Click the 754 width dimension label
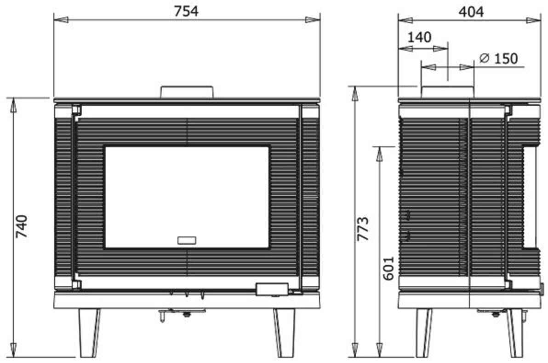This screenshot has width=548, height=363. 186,11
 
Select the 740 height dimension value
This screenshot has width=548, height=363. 22,226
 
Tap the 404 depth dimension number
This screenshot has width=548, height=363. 471,12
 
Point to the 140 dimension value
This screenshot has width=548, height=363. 419,37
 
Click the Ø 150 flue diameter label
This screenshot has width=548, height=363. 498,58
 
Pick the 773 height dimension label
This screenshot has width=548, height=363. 363,229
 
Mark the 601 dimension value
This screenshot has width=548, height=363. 388,268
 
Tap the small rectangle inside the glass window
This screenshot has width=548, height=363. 187,240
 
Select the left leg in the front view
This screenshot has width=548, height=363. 89,333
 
